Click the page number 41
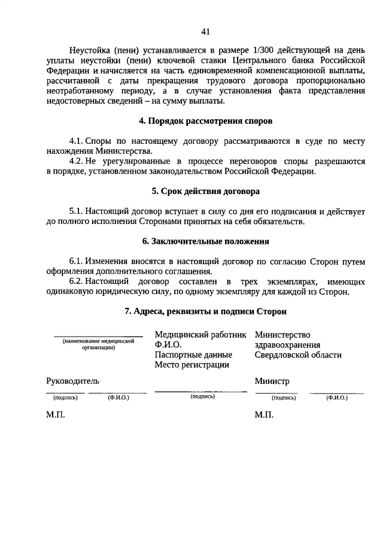[206, 31]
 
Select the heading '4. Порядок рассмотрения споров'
[205, 122]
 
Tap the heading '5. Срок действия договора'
[205, 192]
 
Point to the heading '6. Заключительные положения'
[205, 241]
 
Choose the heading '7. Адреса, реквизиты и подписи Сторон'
[205, 311]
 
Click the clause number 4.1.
[77, 141]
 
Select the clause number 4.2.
[77, 162]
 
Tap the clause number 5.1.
[77, 211]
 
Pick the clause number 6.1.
[77, 262]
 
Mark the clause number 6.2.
[77, 282]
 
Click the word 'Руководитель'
[73, 380]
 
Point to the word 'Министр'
[272, 380]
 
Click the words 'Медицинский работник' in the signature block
[200, 334]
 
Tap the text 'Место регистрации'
[191, 365]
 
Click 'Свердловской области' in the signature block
[298, 355]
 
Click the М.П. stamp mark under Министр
[264, 414]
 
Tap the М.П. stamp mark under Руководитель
[56, 414]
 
